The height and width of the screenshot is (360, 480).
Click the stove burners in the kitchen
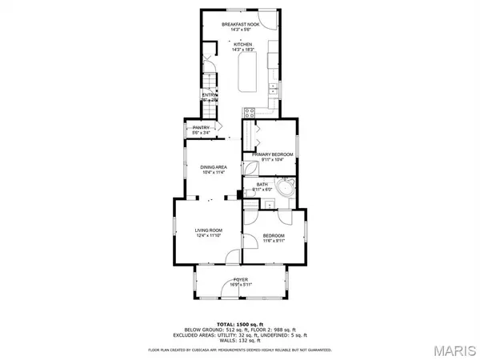[x=249, y=112]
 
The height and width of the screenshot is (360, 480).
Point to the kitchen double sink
[x=274, y=87]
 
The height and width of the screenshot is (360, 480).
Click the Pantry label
[x=201, y=127]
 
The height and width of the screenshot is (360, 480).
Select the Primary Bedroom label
[x=273, y=154]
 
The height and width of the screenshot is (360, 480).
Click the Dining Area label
[x=214, y=166]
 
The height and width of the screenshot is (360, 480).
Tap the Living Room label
[x=207, y=230]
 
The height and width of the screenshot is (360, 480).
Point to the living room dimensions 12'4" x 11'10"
[x=207, y=235]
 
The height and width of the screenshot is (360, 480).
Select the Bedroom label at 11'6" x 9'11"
[x=274, y=236]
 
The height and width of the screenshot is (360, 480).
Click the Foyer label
[x=240, y=279]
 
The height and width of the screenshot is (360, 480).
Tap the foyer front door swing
[x=230, y=292]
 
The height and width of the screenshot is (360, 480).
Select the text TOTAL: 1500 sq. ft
[x=240, y=322]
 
